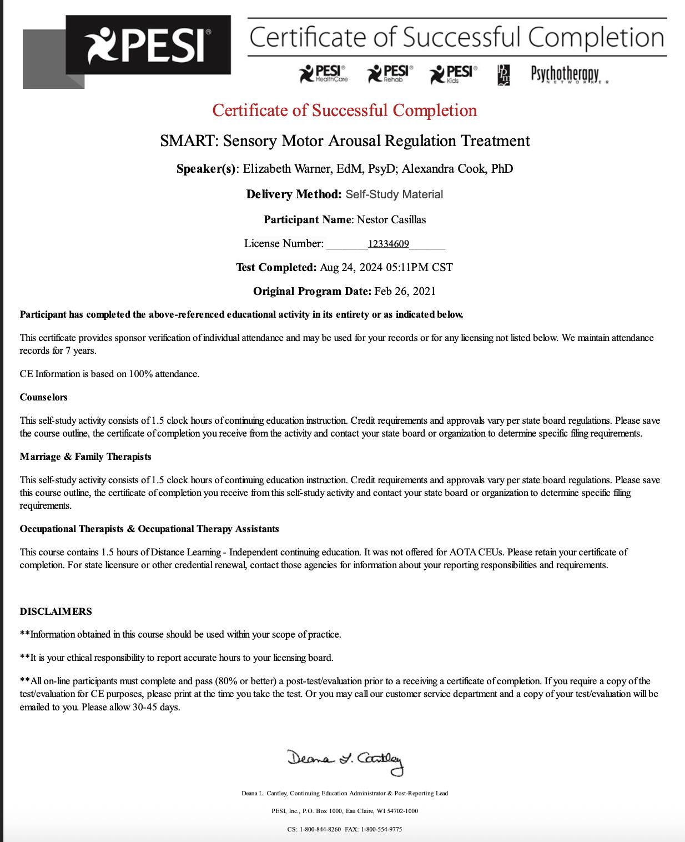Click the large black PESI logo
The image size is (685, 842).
pos(148,45)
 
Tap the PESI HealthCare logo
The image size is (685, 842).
pos(324,74)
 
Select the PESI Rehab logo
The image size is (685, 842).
pos(390,74)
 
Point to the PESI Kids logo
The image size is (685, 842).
pos(453,74)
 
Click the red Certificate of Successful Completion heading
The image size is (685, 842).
pos(344,111)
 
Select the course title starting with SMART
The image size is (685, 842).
pos(345,141)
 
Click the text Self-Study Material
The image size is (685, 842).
pos(394,194)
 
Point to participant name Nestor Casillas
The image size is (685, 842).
pos(391,220)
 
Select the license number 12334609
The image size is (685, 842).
pos(388,244)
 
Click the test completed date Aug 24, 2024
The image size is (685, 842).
pos(351,268)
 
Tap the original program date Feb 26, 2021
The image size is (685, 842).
pos(405,292)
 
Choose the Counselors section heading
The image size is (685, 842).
pos(44,398)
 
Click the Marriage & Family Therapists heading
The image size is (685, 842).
pos(85,457)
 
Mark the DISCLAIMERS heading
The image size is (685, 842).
pos(56,612)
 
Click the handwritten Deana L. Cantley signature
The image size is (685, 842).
pos(345,761)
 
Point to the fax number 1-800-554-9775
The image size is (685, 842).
pos(381,829)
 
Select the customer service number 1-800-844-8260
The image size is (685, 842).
pos(320,829)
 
